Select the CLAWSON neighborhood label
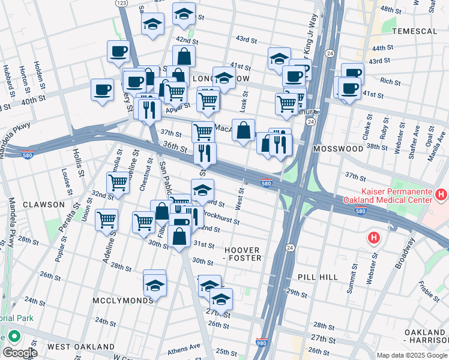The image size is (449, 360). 43,205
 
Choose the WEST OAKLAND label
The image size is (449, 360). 81,347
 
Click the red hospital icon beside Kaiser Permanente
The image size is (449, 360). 441,194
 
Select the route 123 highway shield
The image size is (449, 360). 122,4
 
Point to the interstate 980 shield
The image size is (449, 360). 262,340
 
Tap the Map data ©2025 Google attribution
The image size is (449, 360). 412,355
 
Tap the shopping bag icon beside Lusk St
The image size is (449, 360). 243,130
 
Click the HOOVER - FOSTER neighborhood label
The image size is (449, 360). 243,254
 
